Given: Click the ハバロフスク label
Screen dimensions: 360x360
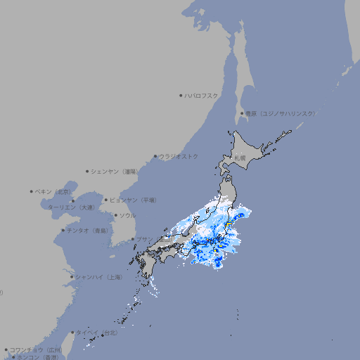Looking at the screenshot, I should click(x=202, y=96).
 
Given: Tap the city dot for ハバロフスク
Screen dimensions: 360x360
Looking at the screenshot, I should click(x=181, y=96).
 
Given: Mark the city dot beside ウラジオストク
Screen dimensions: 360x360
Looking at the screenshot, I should click(x=155, y=156).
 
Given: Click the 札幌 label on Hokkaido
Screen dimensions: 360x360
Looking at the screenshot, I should click(x=240, y=158).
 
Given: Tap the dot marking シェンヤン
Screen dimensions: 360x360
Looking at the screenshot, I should click(x=87, y=171).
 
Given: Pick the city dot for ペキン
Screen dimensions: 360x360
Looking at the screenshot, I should click(x=32, y=191).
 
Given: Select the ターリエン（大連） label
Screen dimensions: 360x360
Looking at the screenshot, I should click(x=71, y=207).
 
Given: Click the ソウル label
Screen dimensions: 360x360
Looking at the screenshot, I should click(x=127, y=215).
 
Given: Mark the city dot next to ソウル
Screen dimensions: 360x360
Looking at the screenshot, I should click(x=115, y=215).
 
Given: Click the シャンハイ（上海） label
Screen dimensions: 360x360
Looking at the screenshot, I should click(x=98, y=277).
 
